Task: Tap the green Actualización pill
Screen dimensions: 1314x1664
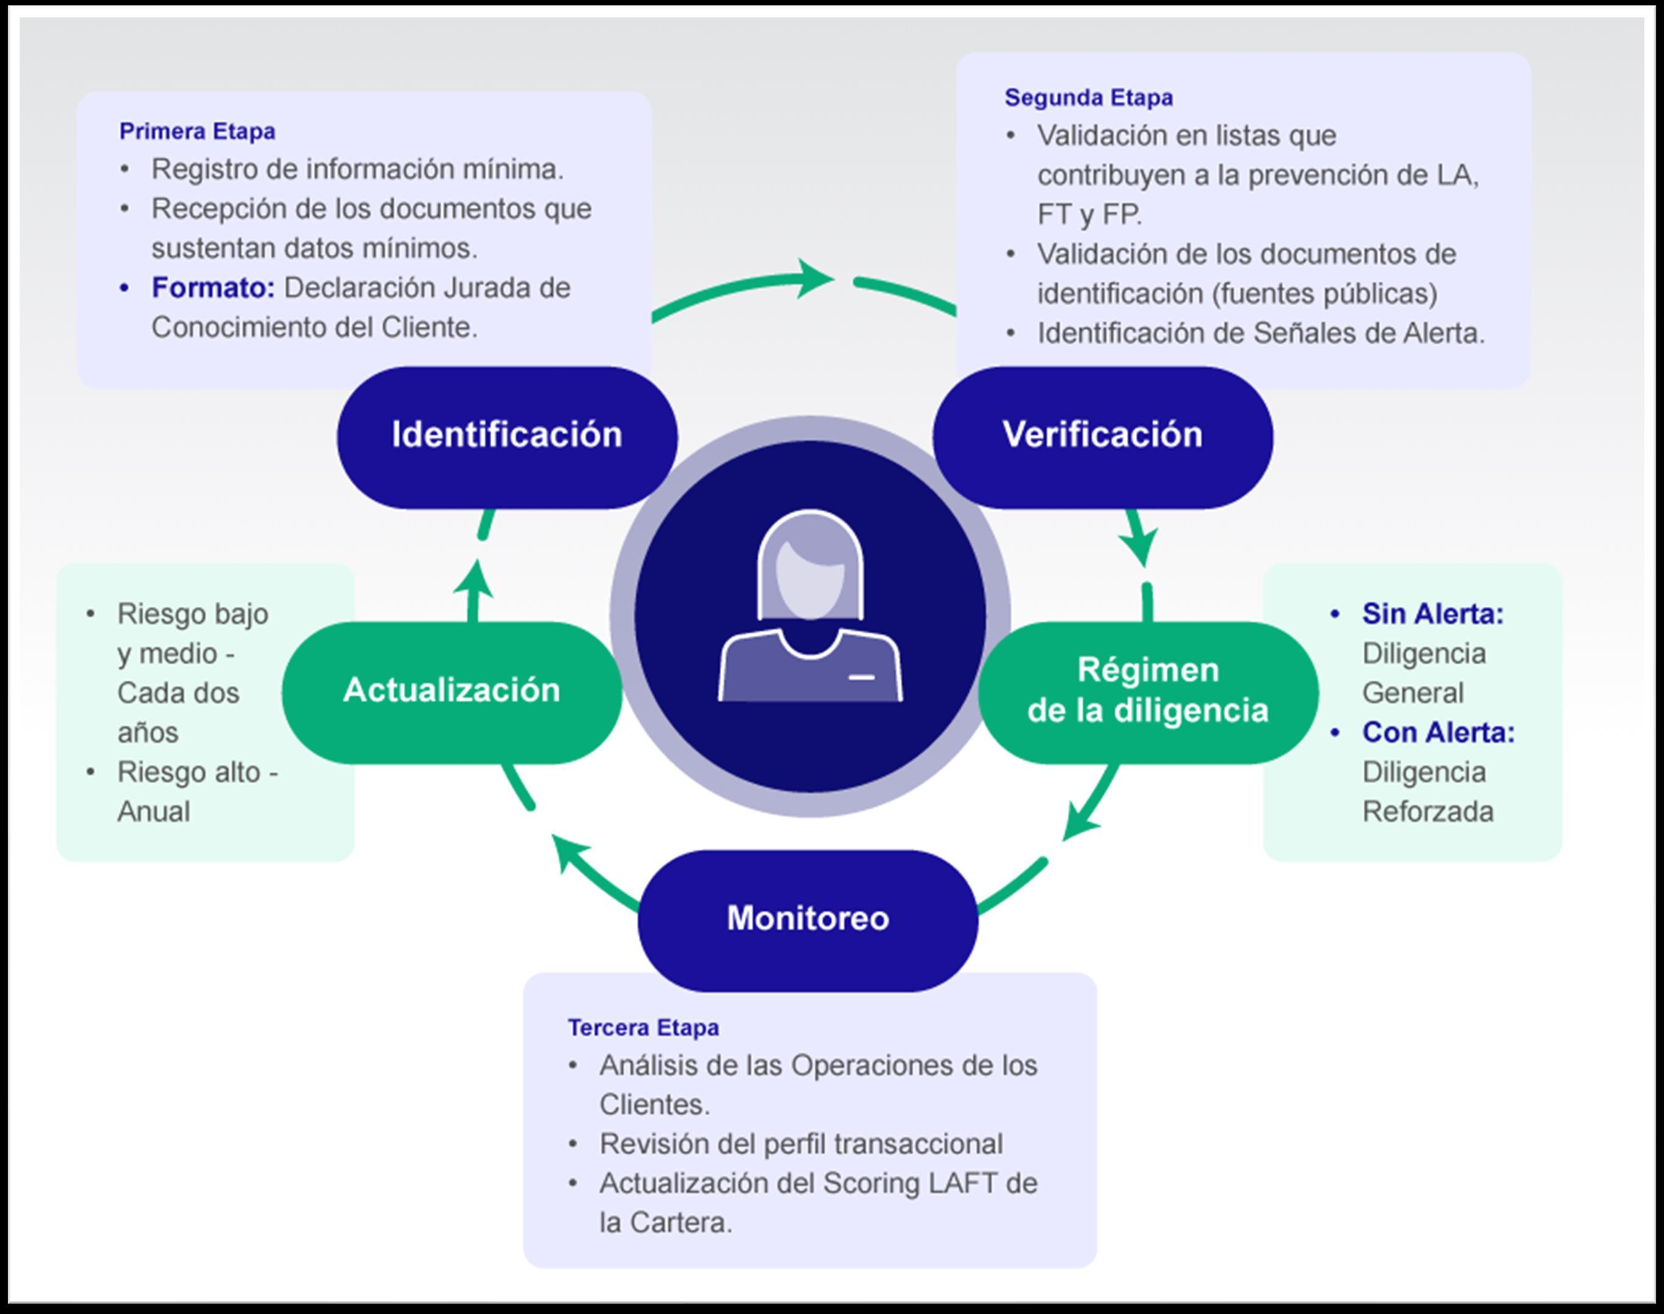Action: [x=452, y=691]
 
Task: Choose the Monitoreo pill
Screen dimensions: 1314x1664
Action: [x=808, y=919]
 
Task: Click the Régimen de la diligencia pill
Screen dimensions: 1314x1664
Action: [x=1148, y=691]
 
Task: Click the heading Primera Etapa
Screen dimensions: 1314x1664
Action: [x=197, y=132]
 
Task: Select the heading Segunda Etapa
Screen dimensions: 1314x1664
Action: [x=1089, y=98]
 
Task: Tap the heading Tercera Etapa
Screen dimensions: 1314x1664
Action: [x=643, y=1028]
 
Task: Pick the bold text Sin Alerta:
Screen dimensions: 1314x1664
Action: [x=1432, y=614]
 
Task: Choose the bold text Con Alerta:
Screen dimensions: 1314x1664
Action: [x=1438, y=733]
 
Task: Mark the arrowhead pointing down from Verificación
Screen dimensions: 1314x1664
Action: [x=1142, y=544]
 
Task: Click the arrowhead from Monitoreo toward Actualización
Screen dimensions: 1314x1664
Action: [x=569, y=853]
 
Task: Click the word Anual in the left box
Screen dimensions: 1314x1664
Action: [x=154, y=812]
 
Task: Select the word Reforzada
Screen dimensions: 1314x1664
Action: [x=1427, y=812]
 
